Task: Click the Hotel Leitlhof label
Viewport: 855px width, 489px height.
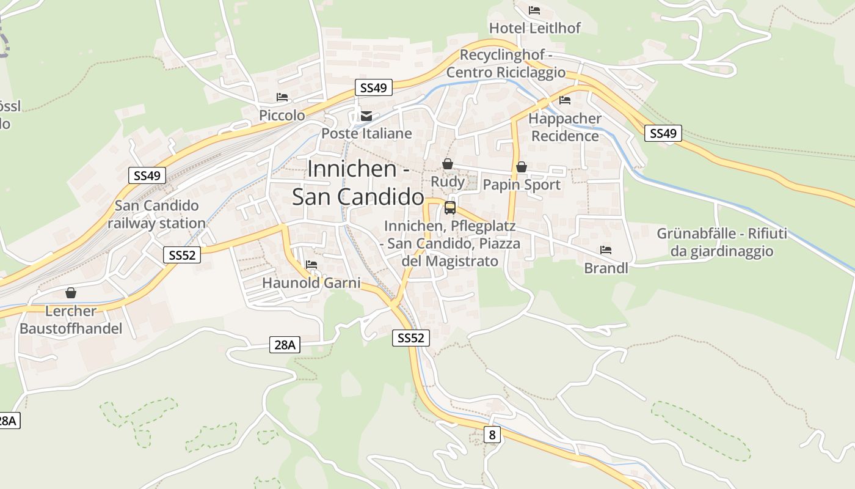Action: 534,28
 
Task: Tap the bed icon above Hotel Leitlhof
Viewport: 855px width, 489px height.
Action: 534,10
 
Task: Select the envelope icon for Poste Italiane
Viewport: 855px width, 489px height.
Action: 366,116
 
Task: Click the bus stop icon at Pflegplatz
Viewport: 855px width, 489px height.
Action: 450,207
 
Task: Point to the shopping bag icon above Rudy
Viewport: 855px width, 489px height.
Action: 448,164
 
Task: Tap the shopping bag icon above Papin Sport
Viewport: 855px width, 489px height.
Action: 522,166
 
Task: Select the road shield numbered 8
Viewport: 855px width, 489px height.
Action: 492,435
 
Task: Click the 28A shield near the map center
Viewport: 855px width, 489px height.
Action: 284,345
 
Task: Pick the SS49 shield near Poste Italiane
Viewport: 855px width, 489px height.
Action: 373,88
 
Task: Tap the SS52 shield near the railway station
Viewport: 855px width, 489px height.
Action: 182,255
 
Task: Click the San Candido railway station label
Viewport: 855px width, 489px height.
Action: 156,215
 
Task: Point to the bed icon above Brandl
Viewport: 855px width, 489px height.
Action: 606,249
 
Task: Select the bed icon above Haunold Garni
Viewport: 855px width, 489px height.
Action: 311,265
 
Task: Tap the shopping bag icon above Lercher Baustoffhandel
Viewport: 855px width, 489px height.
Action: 71,293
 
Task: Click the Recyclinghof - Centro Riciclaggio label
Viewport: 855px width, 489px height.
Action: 506,64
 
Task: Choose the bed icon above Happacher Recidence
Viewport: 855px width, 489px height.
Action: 565,100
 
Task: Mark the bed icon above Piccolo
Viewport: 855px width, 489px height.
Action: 282,97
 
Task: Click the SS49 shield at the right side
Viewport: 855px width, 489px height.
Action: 663,133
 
